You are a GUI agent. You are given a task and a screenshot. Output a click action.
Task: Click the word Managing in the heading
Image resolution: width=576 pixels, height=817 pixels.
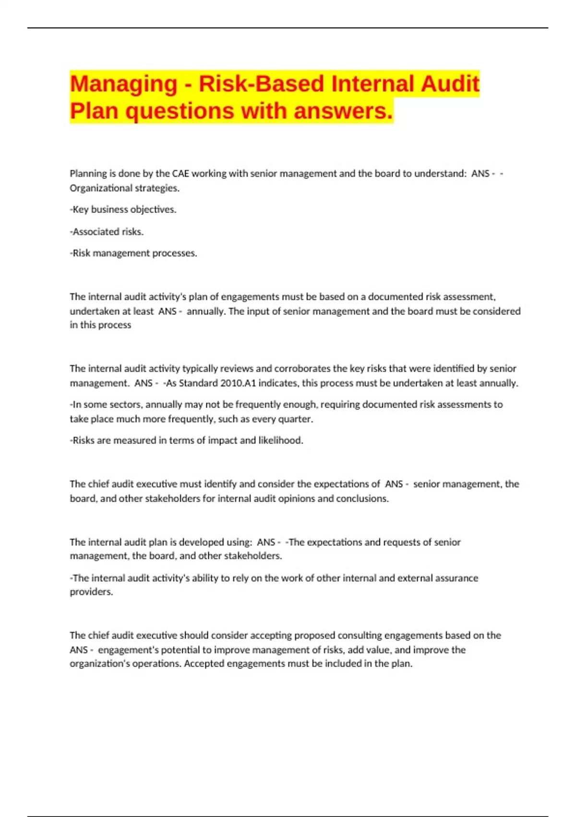(123, 84)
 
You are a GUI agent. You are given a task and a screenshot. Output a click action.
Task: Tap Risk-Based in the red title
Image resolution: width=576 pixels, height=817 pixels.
(262, 84)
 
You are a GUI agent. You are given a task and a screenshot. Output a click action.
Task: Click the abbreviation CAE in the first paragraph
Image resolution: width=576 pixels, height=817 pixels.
(180, 173)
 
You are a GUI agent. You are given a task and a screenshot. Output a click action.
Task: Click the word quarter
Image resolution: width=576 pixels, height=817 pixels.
(296, 419)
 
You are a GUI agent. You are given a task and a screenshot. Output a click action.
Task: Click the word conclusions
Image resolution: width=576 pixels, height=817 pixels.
(362, 498)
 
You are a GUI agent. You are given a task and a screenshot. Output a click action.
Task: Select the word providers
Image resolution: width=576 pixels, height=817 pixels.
(91, 592)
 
